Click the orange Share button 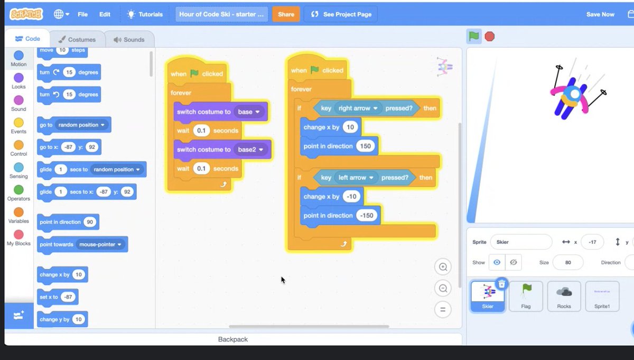pos(286,14)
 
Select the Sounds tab pos(129,39)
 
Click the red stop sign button pos(490,36)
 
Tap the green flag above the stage pos(474,36)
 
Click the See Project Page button pos(341,14)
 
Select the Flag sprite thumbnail pos(526,296)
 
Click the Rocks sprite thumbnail pos(564,296)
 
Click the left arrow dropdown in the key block pos(359,178)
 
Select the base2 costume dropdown pos(250,150)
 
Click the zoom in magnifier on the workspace pos(443,267)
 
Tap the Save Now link pos(600,14)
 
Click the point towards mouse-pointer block pos(82,244)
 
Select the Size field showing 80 pos(567,262)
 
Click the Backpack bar pos(233,339)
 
